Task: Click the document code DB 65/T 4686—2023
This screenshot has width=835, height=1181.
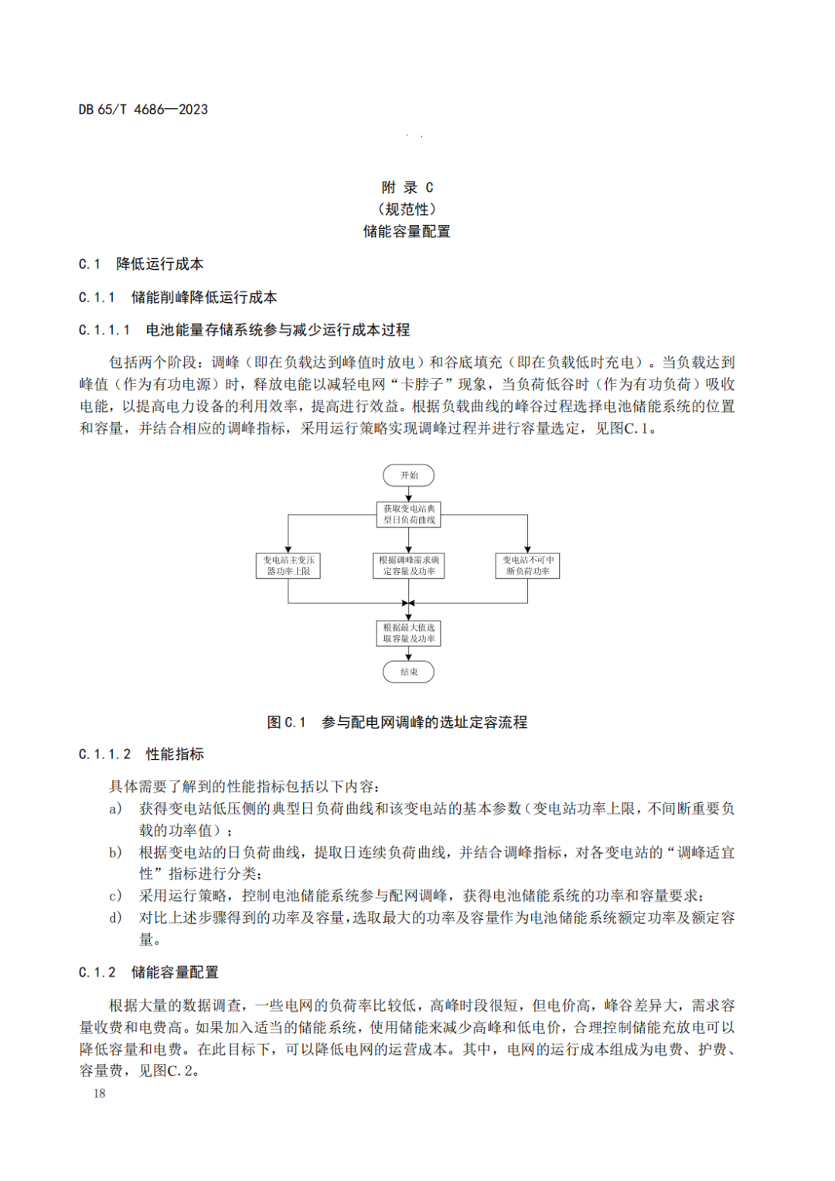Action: click(x=143, y=110)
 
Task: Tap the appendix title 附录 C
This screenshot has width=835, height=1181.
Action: click(x=407, y=187)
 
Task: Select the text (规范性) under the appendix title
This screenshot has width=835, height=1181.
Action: click(x=407, y=209)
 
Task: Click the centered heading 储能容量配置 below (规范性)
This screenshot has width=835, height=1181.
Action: click(x=407, y=231)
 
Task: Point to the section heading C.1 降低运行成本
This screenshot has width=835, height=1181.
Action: click(x=141, y=264)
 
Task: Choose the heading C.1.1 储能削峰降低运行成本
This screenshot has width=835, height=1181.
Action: click(x=178, y=298)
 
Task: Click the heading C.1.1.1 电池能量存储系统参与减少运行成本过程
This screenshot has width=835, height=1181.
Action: click(x=244, y=330)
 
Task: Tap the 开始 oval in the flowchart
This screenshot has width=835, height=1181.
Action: click(x=409, y=475)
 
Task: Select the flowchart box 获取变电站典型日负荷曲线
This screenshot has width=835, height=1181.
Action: click(x=409, y=515)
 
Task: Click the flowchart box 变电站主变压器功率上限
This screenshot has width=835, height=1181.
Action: click(x=288, y=566)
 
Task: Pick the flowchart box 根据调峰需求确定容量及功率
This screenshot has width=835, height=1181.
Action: click(x=409, y=566)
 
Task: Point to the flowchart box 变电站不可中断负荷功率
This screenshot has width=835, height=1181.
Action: click(x=528, y=566)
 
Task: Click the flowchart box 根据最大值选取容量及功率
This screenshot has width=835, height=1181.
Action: click(x=409, y=633)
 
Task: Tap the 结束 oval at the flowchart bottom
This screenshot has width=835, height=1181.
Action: click(x=409, y=672)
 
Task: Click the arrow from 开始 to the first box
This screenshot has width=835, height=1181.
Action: click(x=409, y=495)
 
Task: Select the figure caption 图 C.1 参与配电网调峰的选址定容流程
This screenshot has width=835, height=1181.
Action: click(x=397, y=722)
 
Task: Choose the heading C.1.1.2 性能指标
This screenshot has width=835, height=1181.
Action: click(x=141, y=754)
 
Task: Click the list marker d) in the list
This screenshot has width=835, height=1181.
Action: click(x=115, y=917)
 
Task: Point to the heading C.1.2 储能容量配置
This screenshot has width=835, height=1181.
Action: click(x=148, y=972)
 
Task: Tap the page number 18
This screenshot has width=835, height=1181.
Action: click(x=99, y=1093)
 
